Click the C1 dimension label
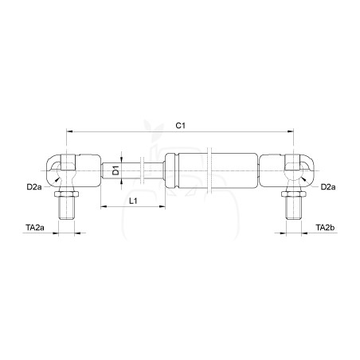pos(181,125)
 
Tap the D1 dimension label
pos(115,170)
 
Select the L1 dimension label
pos(133,201)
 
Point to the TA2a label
pos(35,228)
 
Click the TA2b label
pos(325,228)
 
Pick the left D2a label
pos(34,187)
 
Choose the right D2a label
pos(328,187)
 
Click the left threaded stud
pos(66,208)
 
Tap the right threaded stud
pos(294,208)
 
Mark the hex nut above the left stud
pos(66,194)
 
